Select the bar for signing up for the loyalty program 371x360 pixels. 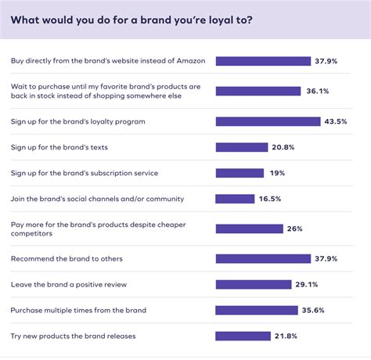[268, 121]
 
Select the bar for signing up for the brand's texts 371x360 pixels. [241, 147]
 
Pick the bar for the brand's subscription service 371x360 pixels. [239, 173]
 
